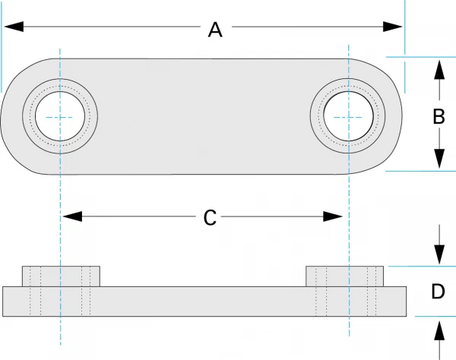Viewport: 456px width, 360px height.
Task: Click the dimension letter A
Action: [x=215, y=30]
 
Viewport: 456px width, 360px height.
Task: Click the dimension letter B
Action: [x=438, y=117]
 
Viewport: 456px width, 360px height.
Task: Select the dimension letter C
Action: [x=211, y=218]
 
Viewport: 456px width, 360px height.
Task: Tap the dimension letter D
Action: [x=438, y=292]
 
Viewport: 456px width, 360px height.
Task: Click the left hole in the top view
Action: [x=60, y=117]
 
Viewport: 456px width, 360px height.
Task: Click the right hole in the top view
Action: [x=348, y=117]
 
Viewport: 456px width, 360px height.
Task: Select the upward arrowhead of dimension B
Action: [x=439, y=68]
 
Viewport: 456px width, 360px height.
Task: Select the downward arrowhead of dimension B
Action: [x=439, y=160]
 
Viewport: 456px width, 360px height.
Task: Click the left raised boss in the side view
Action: [x=61, y=276]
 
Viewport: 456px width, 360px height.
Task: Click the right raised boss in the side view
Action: [x=346, y=276]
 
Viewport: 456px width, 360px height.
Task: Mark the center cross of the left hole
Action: [x=60, y=117]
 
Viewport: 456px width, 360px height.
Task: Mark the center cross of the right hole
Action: [x=348, y=117]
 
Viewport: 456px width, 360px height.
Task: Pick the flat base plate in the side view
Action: [x=205, y=301]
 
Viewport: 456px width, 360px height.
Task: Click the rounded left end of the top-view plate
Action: [x=11, y=117]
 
